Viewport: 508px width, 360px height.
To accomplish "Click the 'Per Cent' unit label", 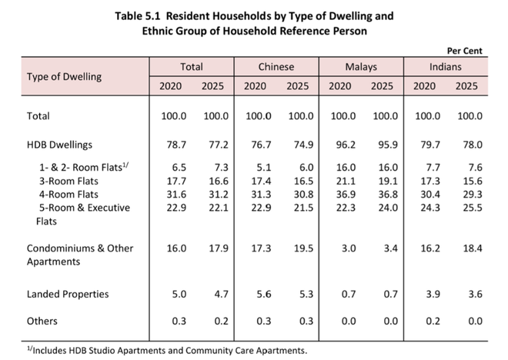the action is coord(464,51).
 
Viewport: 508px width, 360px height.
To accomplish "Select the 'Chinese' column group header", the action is coord(276,67).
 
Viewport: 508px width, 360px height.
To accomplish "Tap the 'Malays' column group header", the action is coord(361,67).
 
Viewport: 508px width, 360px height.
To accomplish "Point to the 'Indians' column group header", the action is coord(445,67).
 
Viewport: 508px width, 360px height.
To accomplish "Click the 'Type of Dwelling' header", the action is coord(64,77).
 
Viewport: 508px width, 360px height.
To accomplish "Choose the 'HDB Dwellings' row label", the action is coord(59,145).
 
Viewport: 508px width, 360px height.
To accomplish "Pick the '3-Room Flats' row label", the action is coord(69,181).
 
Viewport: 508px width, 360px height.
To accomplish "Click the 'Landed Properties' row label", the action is coord(68,295).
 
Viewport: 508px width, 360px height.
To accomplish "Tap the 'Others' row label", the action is coord(42,321).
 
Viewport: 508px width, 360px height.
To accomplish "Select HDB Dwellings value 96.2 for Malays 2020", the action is coord(346,145).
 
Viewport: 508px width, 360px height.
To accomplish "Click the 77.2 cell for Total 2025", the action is coord(219,145).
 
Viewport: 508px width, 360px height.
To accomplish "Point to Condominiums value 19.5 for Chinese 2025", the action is coord(303,248).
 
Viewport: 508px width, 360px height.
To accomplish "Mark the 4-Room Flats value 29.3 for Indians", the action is coord(473,195).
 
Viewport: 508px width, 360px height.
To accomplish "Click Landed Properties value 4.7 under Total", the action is coord(221,295).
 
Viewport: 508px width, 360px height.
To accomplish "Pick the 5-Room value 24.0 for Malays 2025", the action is coord(388,208).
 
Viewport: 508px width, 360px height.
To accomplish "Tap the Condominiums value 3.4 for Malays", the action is coord(391,248).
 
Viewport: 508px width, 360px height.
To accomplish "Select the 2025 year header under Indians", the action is coord(466,86).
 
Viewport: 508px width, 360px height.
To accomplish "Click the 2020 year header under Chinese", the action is coord(255,86).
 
